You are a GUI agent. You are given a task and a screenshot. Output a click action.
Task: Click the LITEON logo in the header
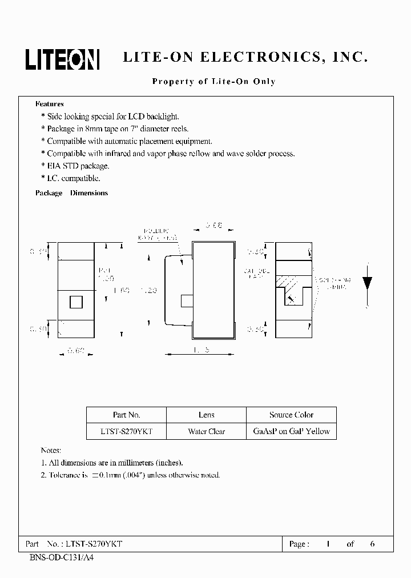pos(62,59)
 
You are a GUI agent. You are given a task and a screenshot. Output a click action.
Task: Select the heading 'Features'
pos(50,104)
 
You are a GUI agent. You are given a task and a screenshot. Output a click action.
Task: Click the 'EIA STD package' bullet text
pos(78,166)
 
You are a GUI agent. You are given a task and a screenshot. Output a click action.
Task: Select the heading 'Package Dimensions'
pos(71,193)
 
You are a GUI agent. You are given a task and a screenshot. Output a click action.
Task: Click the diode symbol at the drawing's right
pos(368,282)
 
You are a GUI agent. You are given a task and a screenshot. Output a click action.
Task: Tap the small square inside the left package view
pos(76,302)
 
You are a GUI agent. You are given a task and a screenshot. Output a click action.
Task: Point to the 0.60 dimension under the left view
pos(76,352)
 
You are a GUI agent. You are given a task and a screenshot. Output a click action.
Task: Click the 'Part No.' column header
pos(126,415)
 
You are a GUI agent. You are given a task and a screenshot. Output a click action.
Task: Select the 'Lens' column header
pos(206,415)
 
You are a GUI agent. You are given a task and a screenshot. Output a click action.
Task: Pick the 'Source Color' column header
pos(291,415)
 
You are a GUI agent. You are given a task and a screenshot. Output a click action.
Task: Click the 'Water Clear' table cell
pos(206,431)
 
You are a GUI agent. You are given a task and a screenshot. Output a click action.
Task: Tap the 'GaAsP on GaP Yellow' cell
pos(291,431)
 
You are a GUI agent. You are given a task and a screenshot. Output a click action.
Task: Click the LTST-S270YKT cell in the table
pos(126,431)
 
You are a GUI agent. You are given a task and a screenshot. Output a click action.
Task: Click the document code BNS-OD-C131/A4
pos(61,557)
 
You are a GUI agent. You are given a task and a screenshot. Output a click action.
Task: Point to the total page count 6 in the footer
pos(372,544)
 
